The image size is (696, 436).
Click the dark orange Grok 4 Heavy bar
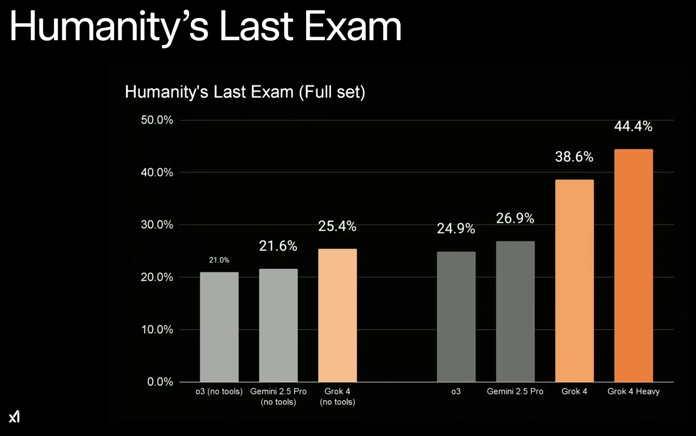coord(633,265)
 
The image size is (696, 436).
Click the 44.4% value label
coord(633,126)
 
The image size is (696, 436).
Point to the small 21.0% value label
coord(219,260)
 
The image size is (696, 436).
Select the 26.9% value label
coord(515,218)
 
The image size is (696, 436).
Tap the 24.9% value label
coord(456,229)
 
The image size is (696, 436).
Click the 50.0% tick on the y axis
coord(157,120)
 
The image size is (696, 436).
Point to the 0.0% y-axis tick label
coord(160,382)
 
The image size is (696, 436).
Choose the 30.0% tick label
coord(157,225)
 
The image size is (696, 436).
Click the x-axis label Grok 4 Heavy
coord(633,391)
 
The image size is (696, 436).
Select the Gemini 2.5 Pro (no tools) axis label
coord(278,396)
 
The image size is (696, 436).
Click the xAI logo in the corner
coord(14,416)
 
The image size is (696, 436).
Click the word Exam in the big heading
coord(353,26)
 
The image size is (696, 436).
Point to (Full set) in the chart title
coord(332,92)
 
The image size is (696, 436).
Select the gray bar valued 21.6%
coord(278,325)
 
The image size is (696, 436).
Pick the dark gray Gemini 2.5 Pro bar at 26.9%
coord(515,311)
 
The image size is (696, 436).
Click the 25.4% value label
coord(337,226)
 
